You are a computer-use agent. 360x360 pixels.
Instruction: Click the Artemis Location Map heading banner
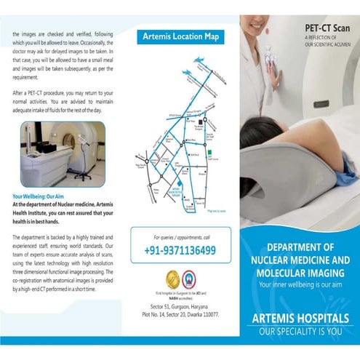pyautogui.click(x=180, y=36)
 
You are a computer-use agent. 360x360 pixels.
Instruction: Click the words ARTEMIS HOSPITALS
pyautogui.click(x=300, y=319)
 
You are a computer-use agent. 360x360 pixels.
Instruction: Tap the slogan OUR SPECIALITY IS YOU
pyautogui.click(x=300, y=332)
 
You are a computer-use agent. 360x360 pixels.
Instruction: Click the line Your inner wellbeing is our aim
pyautogui.click(x=300, y=284)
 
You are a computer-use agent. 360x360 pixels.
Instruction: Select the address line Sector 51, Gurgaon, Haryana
pyautogui.click(x=180, y=308)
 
